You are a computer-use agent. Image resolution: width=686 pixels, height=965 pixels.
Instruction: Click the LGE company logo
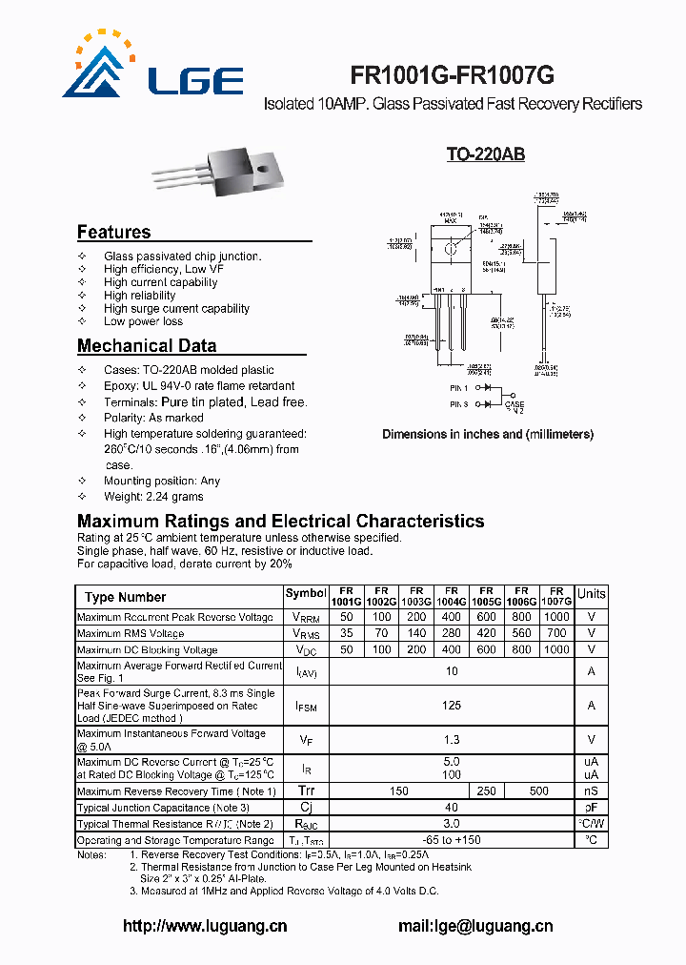click(152, 67)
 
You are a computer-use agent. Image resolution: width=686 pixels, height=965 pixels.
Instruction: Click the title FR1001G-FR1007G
click(453, 76)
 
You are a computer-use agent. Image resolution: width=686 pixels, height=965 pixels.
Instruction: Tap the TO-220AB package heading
click(486, 154)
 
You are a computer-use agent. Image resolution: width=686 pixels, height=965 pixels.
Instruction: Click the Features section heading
click(113, 233)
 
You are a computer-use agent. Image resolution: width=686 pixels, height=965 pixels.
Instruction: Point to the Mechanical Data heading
click(147, 346)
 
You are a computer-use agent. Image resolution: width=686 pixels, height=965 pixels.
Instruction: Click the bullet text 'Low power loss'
click(143, 322)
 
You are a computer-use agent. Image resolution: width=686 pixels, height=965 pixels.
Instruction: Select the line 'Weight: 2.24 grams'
click(153, 497)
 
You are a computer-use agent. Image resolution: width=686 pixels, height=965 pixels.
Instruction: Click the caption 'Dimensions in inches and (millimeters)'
click(488, 435)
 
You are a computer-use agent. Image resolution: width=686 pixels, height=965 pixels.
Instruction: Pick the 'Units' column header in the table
click(591, 594)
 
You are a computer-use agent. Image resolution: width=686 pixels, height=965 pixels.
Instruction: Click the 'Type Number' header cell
click(125, 598)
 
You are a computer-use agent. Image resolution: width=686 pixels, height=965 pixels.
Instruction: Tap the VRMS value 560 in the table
click(522, 633)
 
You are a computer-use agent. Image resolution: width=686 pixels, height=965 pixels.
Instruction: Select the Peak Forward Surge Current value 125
click(452, 706)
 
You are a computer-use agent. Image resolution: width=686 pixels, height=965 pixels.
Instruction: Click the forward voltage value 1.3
click(452, 740)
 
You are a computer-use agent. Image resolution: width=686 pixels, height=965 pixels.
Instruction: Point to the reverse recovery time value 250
click(487, 791)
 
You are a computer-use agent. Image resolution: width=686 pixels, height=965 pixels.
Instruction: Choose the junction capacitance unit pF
click(591, 808)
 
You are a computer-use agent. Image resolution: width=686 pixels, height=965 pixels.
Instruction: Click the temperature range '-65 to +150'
click(452, 840)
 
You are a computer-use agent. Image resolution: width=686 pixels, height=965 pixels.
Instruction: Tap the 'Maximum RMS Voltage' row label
click(131, 633)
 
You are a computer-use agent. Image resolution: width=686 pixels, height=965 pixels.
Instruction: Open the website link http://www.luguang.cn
click(205, 926)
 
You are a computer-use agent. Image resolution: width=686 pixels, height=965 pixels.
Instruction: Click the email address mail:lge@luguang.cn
click(475, 926)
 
